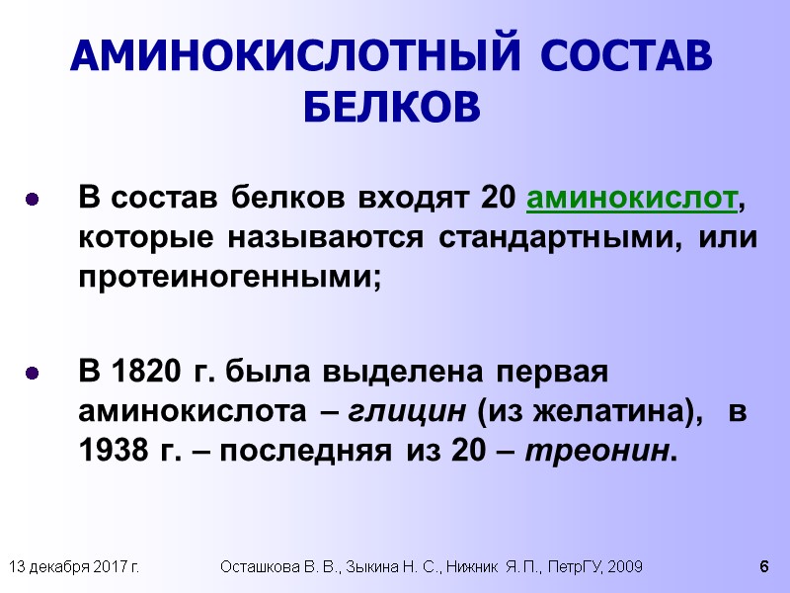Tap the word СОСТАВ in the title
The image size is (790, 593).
tap(620, 56)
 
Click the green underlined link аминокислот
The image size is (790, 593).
tap(633, 198)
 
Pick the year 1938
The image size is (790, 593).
tap(110, 452)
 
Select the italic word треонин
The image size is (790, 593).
tap(599, 452)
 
